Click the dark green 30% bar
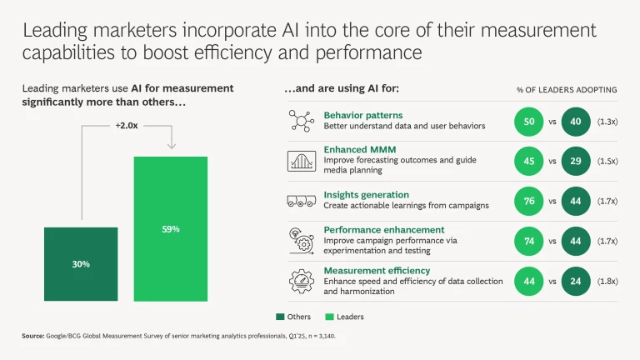(81, 263)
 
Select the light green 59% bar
(170, 228)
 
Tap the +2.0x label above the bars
(126, 125)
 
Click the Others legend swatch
(279, 317)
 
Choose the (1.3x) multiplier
(607, 121)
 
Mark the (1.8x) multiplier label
(607, 280)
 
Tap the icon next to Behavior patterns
(300, 120)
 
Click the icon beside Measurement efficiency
(300, 280)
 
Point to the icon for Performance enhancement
(300, 240)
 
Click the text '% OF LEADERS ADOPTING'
(566, 89)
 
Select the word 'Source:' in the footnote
(34, 337)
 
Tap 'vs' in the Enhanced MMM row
(551, 161)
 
